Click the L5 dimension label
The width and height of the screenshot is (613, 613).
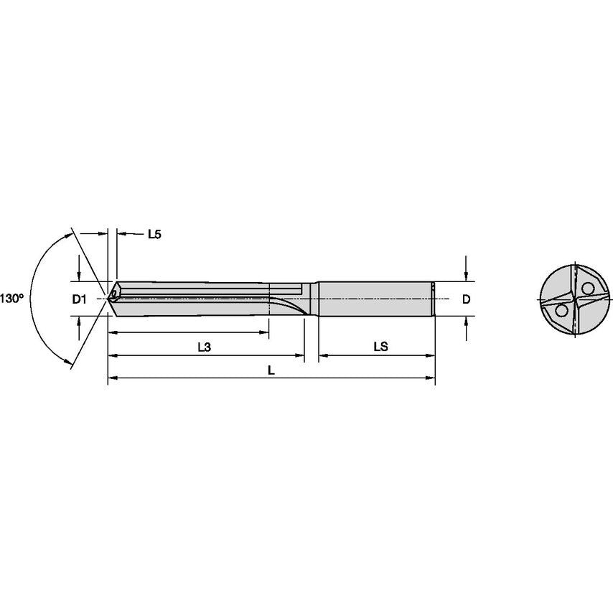[154, 234]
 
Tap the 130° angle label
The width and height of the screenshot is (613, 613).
[12, 298]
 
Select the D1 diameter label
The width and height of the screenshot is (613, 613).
[79, 299]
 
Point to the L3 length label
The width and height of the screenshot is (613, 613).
[203, 347]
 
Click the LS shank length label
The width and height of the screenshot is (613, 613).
[380, 347]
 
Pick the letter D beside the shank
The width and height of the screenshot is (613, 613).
[466, 299]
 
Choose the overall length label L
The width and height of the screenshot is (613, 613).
[271, 370]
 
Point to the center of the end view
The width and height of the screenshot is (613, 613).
[574, 299]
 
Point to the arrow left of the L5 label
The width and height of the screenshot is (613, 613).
[103, 233]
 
